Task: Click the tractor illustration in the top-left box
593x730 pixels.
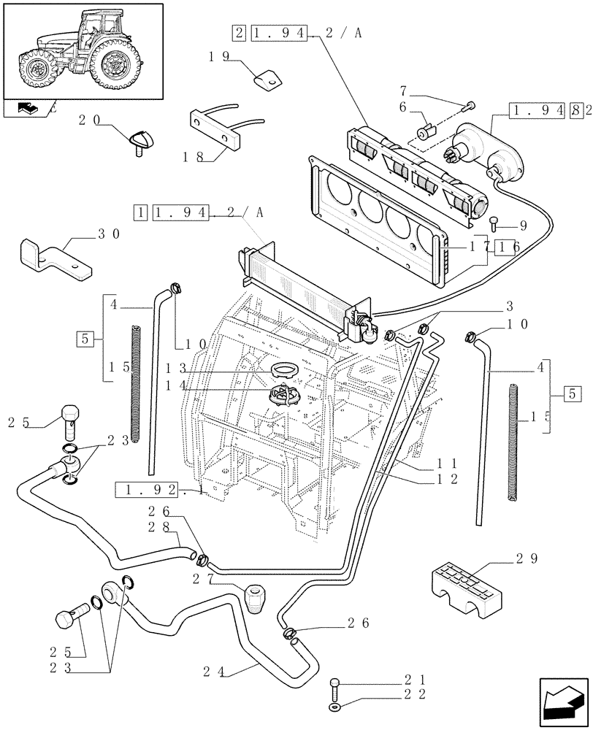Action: [x=82, y=50]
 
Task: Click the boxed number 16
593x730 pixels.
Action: [x=506, y=248]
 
